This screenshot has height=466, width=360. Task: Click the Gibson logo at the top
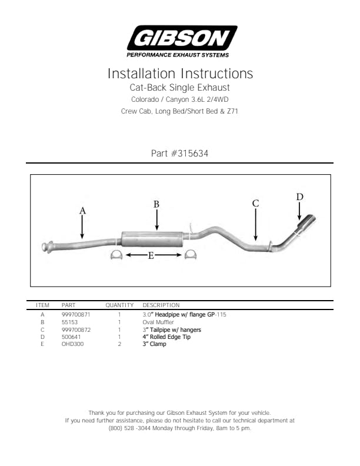pyautogui.click(x=182, y=41)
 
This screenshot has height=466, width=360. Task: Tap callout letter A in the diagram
pyautogui.click(x=82, y=211)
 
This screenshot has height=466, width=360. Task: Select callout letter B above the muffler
pyautogui.click(x=156, y=204)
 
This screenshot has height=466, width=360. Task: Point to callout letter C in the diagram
pyautogui.click(x=255, y=203)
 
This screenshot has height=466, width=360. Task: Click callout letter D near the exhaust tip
pyautogui.click(x=299, y=197)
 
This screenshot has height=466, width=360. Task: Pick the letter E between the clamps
pyautogui.click(x=151, y=255)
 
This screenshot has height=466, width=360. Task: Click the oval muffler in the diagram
pyautogui.click(x=152, y=239)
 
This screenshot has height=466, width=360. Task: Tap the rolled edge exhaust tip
pyautogui.click(x=306, y=224)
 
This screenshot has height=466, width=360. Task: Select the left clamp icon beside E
pyautogui.click(x=116, y=255)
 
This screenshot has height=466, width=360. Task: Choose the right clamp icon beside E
pyautogui.click(x=191, y=255)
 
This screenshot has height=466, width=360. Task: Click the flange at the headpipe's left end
pyautogui.click(x=47, y=247)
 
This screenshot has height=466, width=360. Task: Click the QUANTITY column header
pyautogui.click(x=119, y=305)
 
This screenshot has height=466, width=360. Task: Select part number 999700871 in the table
pyautogui.click(x=76, y=314)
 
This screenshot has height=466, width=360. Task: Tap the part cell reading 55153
pyautogui.click(x=69, y=322)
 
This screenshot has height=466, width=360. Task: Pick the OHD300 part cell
pyautogui.click(x=72, y=344)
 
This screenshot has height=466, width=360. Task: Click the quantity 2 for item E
pyautogui.click(x=119, y=344)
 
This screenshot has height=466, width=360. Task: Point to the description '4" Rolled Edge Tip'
pyautogui.click(x=166, y=337)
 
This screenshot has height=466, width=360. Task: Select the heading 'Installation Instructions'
pyautogui.click(x=180, y=74)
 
